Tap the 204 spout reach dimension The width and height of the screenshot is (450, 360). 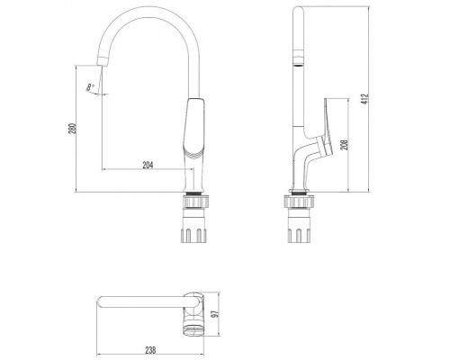point(148,165)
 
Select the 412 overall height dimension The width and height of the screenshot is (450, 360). point(365,99)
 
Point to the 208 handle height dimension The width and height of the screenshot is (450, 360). point(345,145)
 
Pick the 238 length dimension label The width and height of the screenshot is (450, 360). point(150,350)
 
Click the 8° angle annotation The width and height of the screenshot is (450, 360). point(91,87)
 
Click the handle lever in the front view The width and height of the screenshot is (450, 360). point(194,126)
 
